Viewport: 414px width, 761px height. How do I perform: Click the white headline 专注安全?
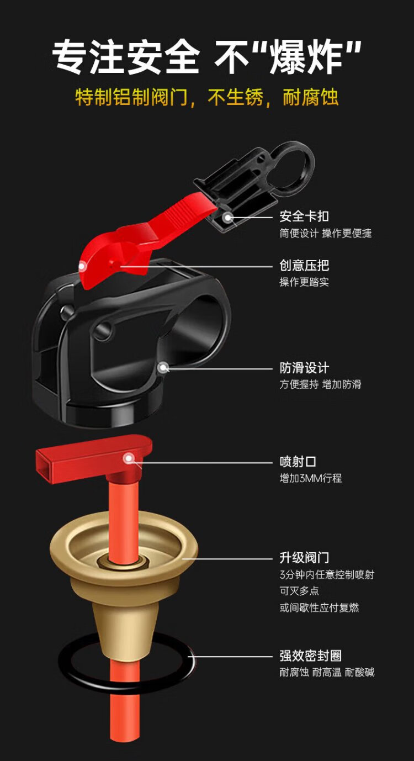click(x=125, y=57)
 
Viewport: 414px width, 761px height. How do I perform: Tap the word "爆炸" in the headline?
click(x=305, y=57)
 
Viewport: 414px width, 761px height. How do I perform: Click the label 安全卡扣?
click(x=304, y=216)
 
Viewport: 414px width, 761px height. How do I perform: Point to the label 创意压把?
click(x=304, y=265)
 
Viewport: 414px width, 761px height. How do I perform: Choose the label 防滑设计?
click(x=304, y=368)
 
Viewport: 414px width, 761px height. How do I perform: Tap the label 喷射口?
click(x=298, y=462)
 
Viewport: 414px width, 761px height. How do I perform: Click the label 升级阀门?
click(x=304, y=558)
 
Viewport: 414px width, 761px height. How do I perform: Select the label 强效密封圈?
click(x=310, y=656)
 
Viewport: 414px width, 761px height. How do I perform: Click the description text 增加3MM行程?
click(x=310, y=478)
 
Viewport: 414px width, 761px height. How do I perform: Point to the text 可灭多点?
click(x=299, y=591)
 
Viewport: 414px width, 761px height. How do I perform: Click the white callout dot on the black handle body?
click(x=163, y=368)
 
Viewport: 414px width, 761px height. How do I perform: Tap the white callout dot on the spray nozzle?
click(x=129, y=458)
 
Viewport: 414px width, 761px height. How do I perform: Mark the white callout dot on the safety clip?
click(x=227, y=217)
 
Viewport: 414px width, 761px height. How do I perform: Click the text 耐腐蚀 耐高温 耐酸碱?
click(x=327, y=672)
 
